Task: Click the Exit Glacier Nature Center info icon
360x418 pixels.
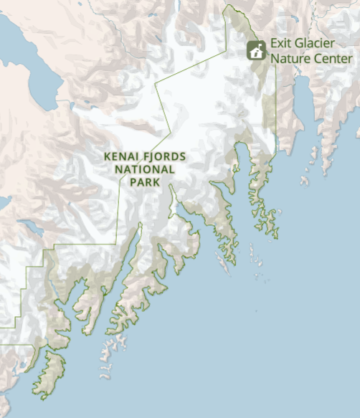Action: (256, 50)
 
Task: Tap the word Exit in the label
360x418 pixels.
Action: (279, 44)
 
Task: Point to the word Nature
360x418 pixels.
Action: (289, 57)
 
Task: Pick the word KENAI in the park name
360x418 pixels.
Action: (119, 156)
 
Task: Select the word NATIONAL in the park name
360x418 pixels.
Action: (144, 169)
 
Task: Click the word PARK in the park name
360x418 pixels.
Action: (143, 182)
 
